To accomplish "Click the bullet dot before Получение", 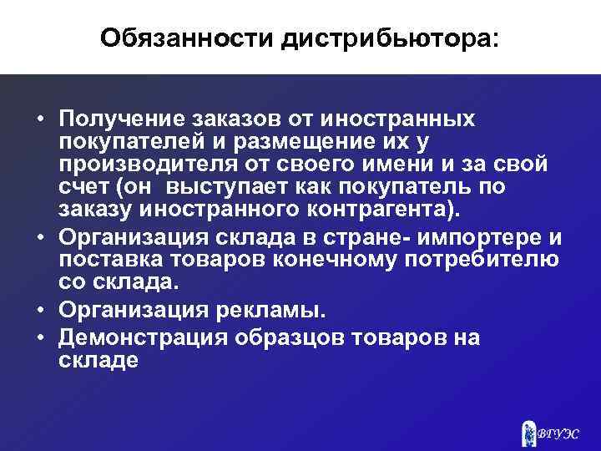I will (x=40, y=119).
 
